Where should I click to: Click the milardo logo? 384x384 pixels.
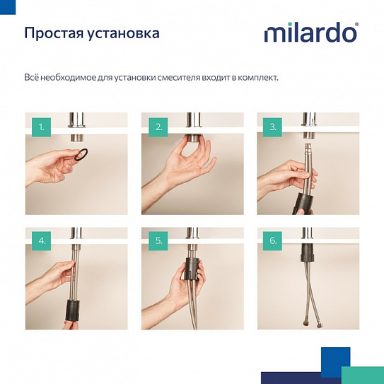point(310,33)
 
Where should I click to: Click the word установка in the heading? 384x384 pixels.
point(124,33)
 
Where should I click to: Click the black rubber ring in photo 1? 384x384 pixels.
point(83,155)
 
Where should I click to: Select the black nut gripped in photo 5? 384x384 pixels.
point(192,268)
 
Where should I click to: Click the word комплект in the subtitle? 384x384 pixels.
point(255,77)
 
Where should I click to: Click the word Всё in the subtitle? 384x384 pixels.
point(33,77)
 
